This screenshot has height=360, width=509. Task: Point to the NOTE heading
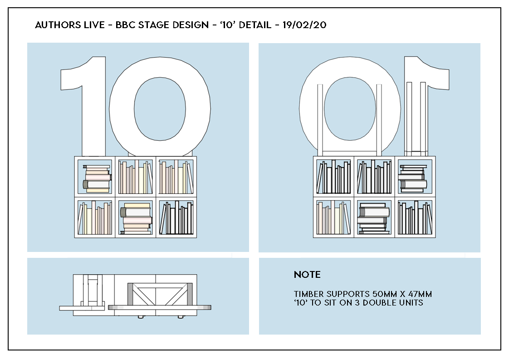(x=307, y=275)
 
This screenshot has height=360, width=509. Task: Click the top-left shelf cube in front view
(x=95, y=177)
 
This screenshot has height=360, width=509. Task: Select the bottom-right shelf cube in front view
(x=176, y=217)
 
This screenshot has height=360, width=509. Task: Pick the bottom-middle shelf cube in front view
(x=136, y=217)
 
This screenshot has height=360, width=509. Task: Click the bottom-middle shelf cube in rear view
(x=374, y=217)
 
